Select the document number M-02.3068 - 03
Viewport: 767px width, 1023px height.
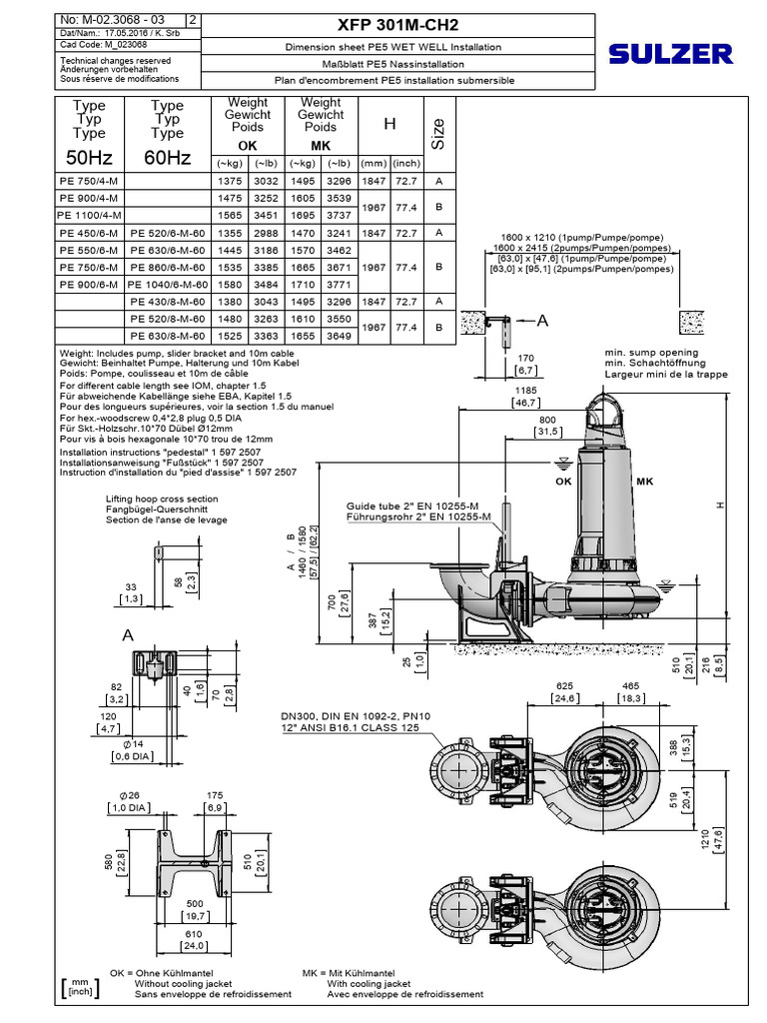(x=107, y=19)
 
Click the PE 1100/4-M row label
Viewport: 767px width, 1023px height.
(x=90, y=215)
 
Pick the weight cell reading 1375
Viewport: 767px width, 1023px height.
(x=227, y=182)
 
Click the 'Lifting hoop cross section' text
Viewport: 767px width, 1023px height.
(x=161, y=498)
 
